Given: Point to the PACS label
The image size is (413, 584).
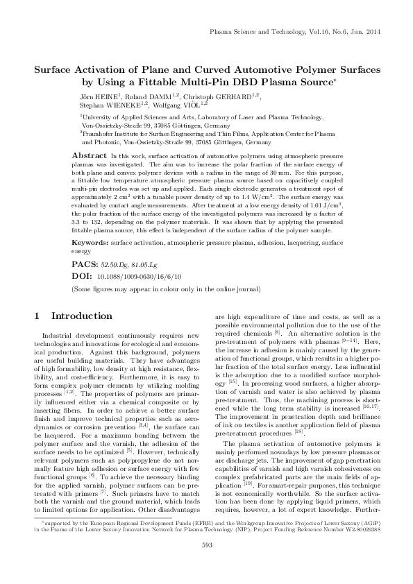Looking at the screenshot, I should tap(86, 265).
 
